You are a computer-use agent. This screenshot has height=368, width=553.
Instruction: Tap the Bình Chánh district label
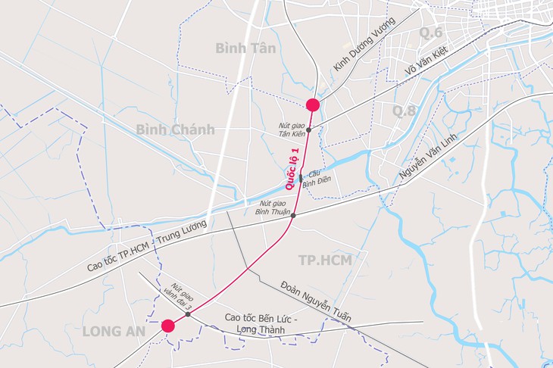(175, 129)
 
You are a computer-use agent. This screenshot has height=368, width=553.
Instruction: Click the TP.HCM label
(326, 260)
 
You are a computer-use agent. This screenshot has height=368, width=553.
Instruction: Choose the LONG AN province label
(113, 330)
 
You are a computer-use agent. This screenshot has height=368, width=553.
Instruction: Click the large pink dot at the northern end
(312, 104)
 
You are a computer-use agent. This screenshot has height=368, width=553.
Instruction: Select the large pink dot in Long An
(168, 326)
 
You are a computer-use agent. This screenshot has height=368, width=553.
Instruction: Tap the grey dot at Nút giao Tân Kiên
(308, 130)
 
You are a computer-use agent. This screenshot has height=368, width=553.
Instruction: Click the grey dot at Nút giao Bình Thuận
(294, 216)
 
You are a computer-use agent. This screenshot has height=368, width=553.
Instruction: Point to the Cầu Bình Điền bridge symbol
(301, 179)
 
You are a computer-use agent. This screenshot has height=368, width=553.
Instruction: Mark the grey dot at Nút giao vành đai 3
(188, 313)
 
